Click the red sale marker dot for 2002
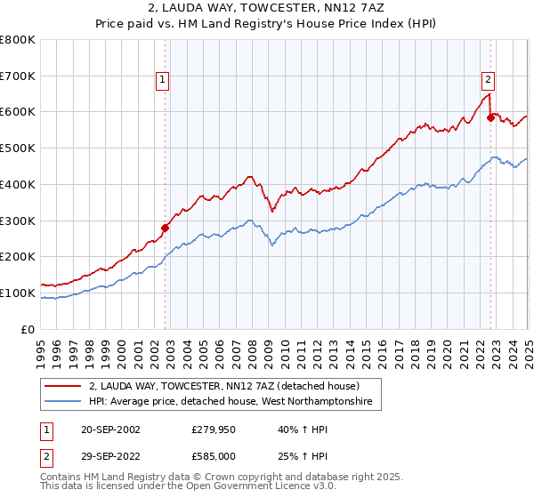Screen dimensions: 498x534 click(x=165, y=228)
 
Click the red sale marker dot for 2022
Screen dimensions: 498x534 click(x=490, y=116)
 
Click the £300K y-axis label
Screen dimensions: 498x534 click(x=18, y=221)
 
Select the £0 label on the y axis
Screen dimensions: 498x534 click(x=28, y=329)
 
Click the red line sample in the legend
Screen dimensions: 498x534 click(x=63, y=386)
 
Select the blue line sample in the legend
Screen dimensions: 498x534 click(x=63, y=403)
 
